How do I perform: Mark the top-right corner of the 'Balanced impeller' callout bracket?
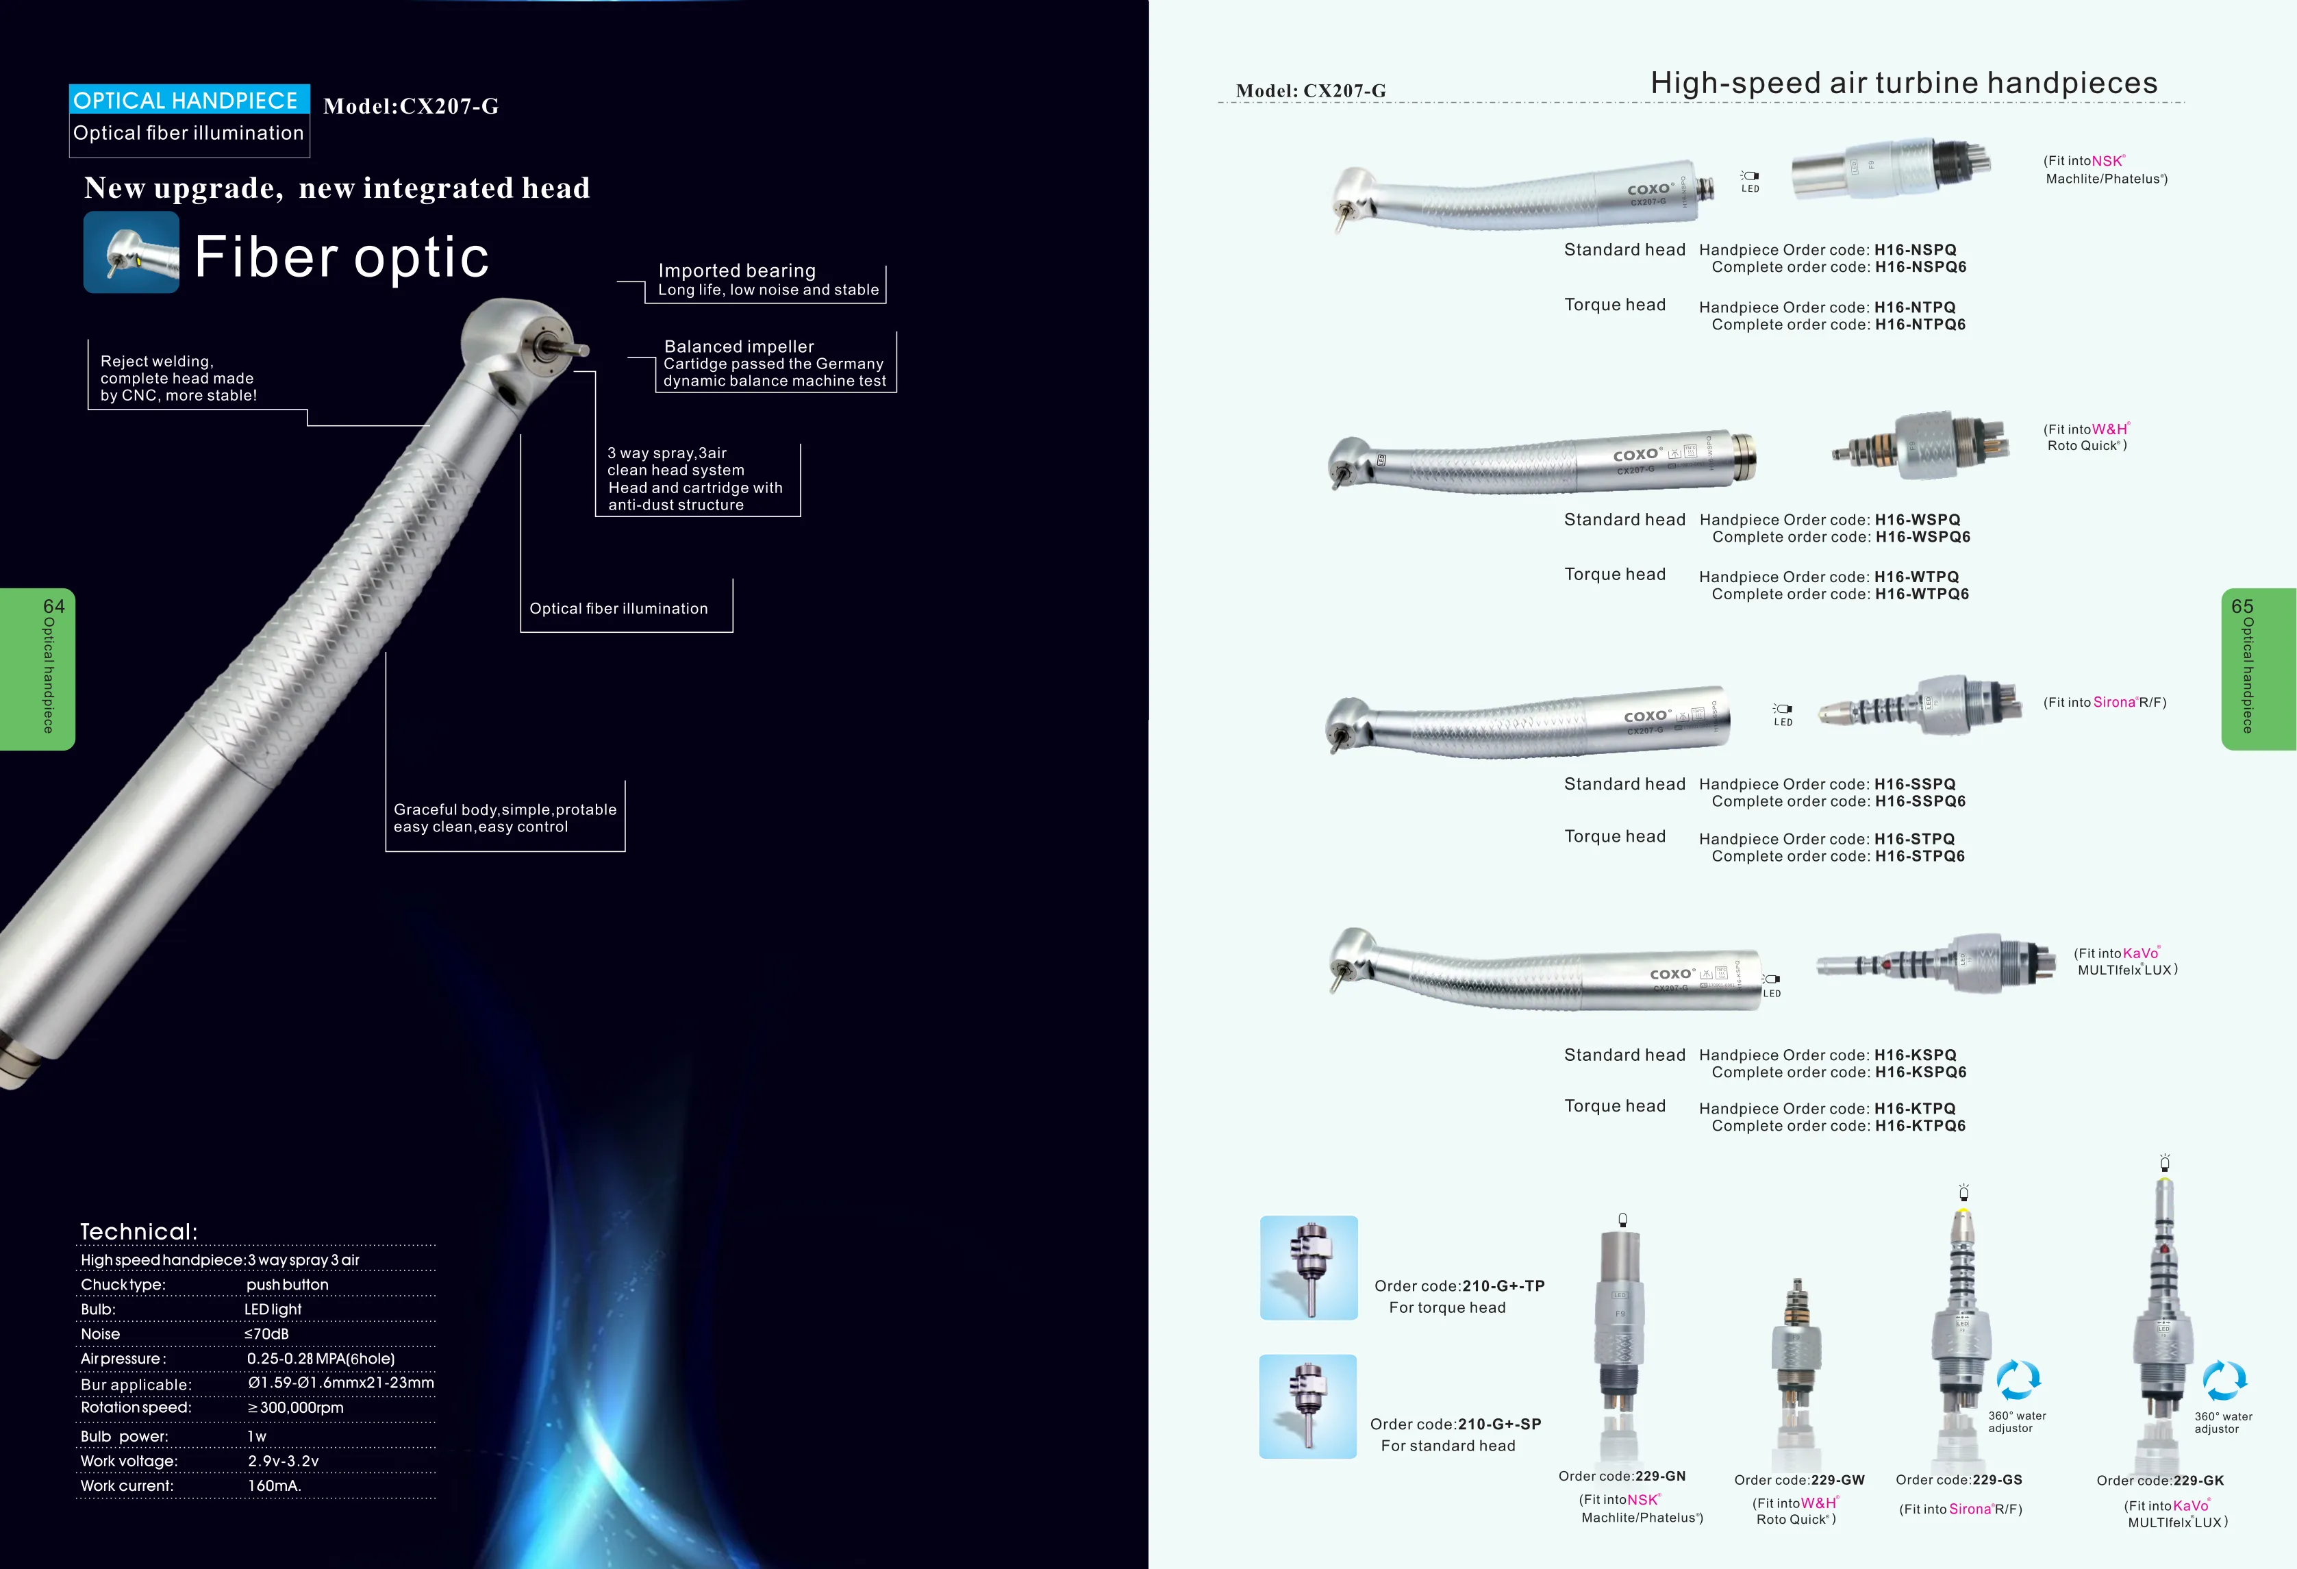(896, 332)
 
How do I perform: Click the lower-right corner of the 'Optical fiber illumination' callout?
(732, 631)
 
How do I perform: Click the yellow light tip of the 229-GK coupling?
(2165, 1183)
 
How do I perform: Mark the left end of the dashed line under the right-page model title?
(1218, 102)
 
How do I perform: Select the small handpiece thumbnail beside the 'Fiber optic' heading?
(131, 252)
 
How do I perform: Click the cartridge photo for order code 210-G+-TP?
(1309, 1268)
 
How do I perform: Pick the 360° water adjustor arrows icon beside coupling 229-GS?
(2018, 1379)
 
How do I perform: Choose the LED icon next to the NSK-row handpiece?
(1750, 181)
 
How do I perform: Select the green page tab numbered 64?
(38, 669)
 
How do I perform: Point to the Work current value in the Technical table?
(275, 1486)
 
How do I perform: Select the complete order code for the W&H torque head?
(1922, 594)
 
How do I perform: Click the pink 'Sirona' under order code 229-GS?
(1970, 1509)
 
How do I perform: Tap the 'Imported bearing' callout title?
(738, 271)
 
